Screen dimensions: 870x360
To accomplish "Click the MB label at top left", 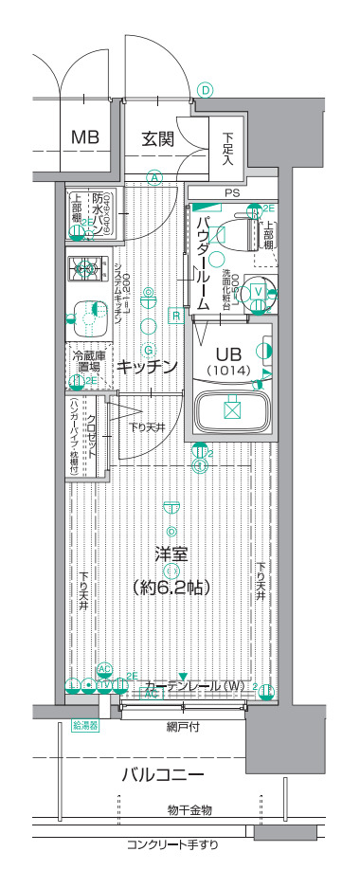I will pos(86,138).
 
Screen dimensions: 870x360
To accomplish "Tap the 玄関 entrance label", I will pos(158,138).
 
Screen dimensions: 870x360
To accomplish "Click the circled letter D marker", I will pos(205,91).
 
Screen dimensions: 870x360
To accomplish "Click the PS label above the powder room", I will pos(231,193).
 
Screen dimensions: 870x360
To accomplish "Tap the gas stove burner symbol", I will pos(88,270).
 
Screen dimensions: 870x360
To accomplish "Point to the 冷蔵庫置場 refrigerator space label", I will pos(86,361).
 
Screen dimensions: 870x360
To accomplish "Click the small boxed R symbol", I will pos(175,315).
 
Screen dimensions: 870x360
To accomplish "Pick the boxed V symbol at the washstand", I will pos(257,291).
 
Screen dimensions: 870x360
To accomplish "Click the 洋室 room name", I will pos(171,553).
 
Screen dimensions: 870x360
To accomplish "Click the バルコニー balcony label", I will pos(162,775).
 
